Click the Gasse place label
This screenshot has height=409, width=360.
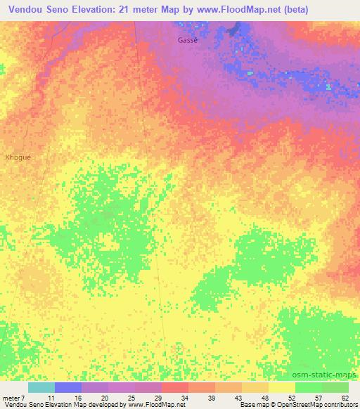188,40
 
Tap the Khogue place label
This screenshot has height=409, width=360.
18,157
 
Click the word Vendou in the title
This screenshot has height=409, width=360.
29,8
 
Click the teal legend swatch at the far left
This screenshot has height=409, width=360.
41,387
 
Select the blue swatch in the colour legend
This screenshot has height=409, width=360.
68,387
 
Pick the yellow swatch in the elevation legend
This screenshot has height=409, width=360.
282,387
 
